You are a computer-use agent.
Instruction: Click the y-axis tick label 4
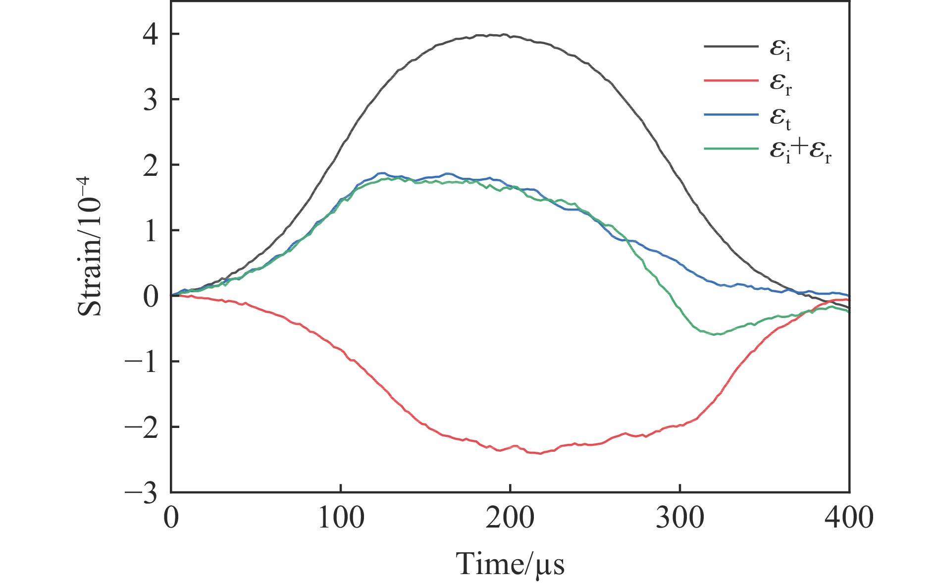150,35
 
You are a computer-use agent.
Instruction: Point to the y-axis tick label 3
150,100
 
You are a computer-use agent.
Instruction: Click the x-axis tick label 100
341,518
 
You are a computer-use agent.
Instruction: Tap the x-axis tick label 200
510,518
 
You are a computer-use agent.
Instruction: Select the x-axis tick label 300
680,518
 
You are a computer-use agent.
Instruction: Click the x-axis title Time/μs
510,564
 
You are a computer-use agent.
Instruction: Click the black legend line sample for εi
731,47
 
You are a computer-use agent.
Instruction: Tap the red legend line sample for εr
731,81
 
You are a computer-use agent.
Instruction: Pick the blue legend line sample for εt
731,114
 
